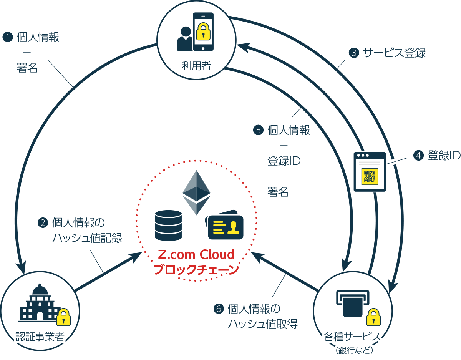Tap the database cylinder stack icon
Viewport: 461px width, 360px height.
coord(168,226)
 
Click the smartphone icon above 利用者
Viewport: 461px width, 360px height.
coord(203,32)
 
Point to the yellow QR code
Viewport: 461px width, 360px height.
coord(370,176)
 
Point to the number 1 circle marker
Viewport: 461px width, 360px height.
coord(7,37)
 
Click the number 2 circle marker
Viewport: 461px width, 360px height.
coord(42,222)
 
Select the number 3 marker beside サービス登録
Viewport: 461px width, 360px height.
coord(353,53)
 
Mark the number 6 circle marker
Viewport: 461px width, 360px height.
coord(218,309)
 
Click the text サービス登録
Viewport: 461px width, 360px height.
coord(394,53)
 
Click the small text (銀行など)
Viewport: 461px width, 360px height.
coord(354,350)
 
